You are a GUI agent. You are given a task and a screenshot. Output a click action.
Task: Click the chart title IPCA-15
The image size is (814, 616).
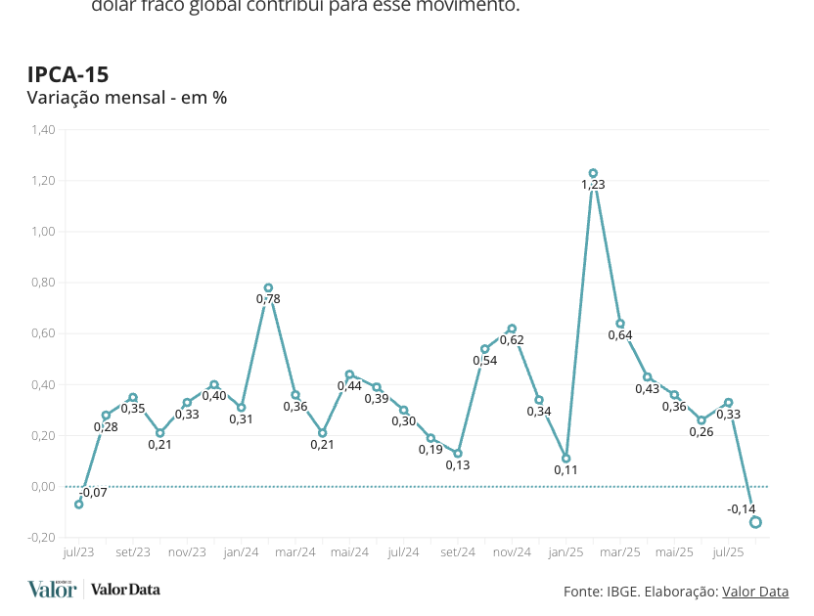click(68, 74)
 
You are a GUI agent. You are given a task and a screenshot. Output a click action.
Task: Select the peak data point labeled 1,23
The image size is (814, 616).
click(593, 173)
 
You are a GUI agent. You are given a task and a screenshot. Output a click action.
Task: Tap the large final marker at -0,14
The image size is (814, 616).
click(755, 522)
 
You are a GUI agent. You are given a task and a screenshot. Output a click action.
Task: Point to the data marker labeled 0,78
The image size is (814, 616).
click(268, 287)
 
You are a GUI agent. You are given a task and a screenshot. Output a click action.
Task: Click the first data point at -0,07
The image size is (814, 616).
click(79, 504)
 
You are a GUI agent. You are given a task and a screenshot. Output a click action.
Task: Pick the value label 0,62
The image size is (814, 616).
click(512, 340)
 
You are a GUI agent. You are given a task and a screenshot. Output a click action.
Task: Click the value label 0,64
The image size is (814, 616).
click(620, 335)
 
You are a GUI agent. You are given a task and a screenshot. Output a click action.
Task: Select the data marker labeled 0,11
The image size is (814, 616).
click(565, 458)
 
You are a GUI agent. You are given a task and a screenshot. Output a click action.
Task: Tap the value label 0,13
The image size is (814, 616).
click(458, 465)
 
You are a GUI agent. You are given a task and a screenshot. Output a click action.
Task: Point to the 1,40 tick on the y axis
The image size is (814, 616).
click(43, 130)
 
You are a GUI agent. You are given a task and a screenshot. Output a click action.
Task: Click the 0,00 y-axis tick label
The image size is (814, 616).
click(43, 487)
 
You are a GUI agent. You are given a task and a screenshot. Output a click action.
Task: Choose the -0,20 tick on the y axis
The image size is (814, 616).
click(41, 538)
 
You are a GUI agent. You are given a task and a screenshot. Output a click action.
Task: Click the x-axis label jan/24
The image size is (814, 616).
click(241, 552)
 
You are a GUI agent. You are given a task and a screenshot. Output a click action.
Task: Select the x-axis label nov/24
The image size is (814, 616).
click(512, 552)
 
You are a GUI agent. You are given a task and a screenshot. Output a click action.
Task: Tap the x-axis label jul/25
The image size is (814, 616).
click(728, 552)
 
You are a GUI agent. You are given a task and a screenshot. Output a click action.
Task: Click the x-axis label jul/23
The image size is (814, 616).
click(78, 552)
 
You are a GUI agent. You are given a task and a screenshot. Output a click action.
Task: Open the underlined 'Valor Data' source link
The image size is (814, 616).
click(754, 592)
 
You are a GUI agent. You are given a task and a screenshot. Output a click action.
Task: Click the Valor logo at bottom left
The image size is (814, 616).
click(52, 589)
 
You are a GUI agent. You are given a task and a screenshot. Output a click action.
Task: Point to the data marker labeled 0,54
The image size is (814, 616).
click(484, 348)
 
